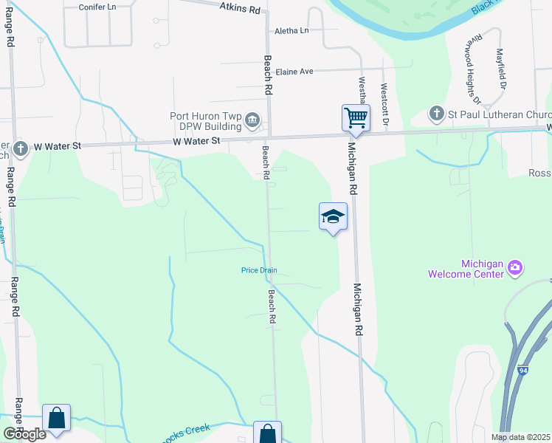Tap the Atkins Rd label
point(241,8)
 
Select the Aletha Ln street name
point(291,30)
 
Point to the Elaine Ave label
point(294,72)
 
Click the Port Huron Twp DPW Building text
point(205,121)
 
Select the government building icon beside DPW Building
point(252,119)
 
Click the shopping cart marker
point(356,117)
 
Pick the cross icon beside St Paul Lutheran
point(437,114)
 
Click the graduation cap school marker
point(333,216)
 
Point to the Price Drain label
point(259,270)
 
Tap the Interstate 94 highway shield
point(522,370)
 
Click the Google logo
point(24,434)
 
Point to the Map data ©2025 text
point(521,437)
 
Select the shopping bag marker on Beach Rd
point(267,433)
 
